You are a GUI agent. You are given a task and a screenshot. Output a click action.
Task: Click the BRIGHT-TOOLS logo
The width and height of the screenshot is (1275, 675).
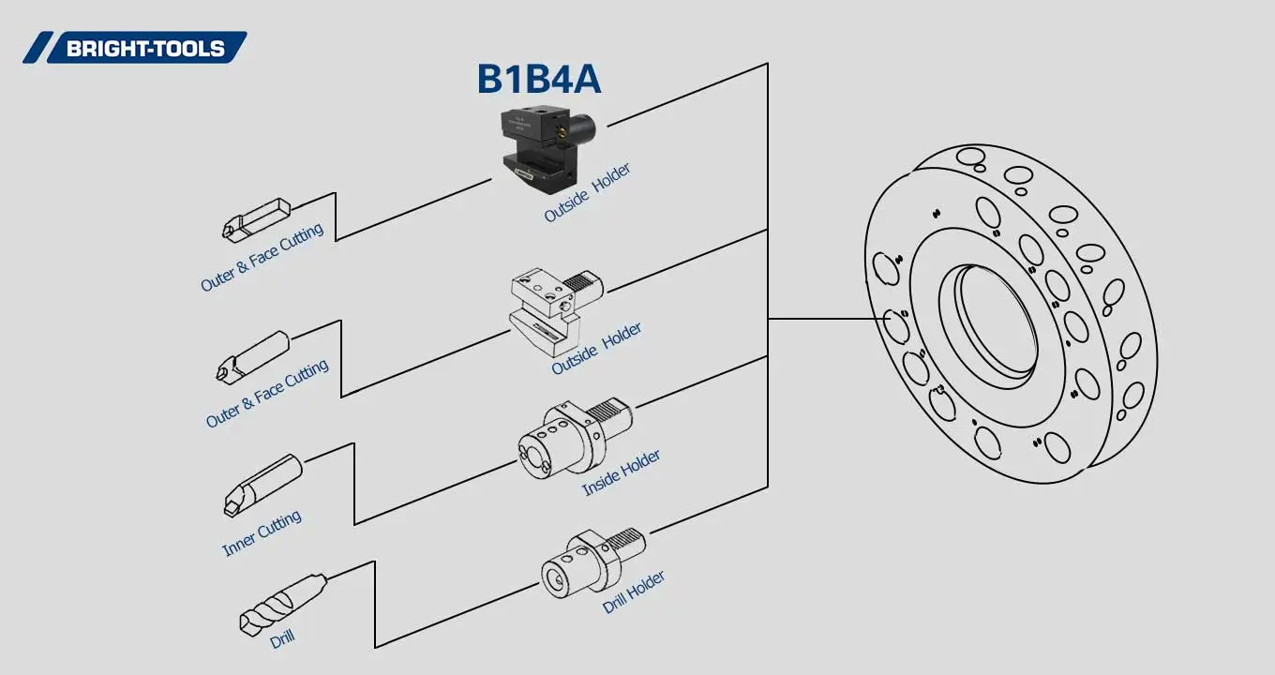[x=135, y=48]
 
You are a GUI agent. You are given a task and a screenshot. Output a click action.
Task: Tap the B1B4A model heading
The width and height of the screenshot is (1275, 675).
[x=538, y=80]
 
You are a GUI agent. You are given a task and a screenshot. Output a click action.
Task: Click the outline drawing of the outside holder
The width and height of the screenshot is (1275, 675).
[x=553, y=305]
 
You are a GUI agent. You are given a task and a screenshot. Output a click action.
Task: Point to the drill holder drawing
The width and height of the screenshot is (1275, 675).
[x=591, y=562]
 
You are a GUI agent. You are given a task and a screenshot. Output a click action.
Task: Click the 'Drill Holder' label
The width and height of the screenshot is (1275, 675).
[x=634, y=592]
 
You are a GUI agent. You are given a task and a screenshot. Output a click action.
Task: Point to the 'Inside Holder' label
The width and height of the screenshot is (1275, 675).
[x=621, y=472]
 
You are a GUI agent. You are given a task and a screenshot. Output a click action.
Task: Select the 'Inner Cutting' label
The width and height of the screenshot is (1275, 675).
[x=262, y=533]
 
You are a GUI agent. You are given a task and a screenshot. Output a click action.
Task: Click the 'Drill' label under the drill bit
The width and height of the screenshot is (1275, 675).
[x=282, y=640]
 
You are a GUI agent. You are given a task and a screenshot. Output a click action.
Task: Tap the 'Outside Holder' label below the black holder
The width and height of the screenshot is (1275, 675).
[x=587, y=193]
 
